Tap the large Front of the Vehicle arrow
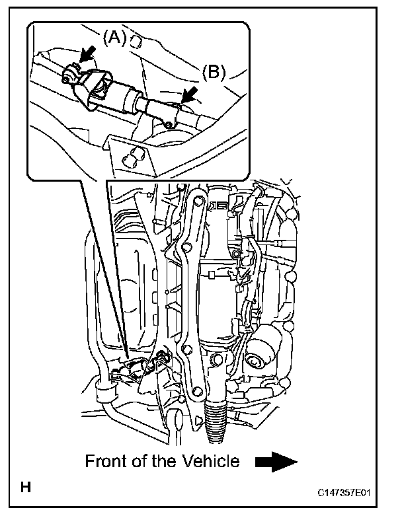pos(276,462)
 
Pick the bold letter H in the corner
pos(25,489)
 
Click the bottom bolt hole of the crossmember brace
pos(198,419)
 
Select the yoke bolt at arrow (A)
pos(69,79)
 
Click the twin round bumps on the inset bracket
pos(134,156)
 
